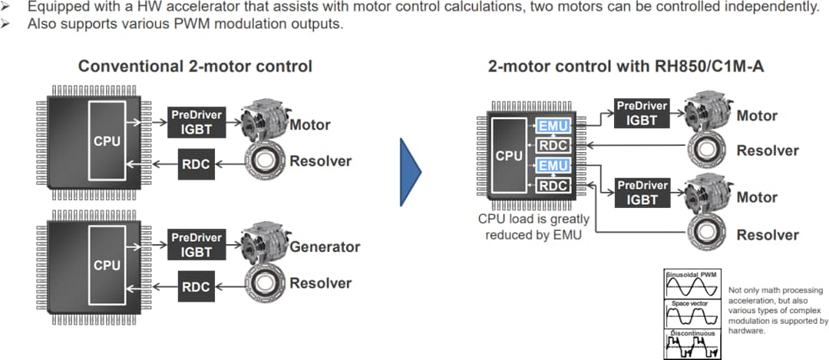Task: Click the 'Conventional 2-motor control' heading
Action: click(195, 66)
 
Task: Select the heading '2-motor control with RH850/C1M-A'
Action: click(626, 66)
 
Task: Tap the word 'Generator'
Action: click(325, 247)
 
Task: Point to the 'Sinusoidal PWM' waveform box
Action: click(691, 285)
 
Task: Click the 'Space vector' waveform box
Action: click(691, 314)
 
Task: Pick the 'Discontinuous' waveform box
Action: click(691, 343)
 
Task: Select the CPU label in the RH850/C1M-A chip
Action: click(509, 156)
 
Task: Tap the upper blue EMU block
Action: click(553, 126)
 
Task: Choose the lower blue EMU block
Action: click(553, 166)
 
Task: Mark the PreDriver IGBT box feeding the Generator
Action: click(196, 245)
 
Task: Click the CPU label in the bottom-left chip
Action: click(107, 266)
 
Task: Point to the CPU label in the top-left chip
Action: click(107, 142)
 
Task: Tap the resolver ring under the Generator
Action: click(265, 284)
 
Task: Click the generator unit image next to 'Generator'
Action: click(264, 245)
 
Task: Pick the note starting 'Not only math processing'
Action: click(775, 311)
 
